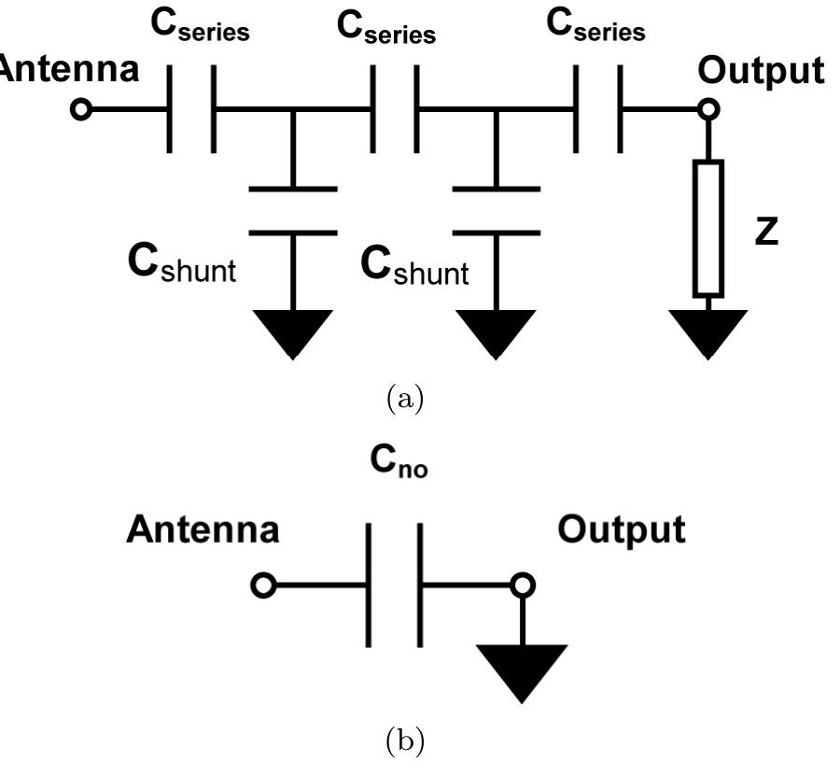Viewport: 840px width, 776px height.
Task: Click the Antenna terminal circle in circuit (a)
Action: pyautogui.click(x=82, y=109)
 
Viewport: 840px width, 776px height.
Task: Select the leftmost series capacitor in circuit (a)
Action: pyautogui.click(x=192, y=109)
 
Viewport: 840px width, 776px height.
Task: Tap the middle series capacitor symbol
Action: pyautogui.click(x=396, y=109)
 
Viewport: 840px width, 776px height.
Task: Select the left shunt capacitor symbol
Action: pyautogui.click(x=293, y=211)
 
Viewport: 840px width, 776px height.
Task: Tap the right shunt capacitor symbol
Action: pyautogui.click(x=496, y=211)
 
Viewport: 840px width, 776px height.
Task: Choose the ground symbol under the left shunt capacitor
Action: pyautogui.click(x=293, y=332)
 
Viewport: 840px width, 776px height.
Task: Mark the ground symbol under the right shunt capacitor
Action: pyautogui.click(x=496, y=332)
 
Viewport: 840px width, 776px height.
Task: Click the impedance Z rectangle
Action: pyautogui.click(x=708, y=228)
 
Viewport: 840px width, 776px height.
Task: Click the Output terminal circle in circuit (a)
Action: pyautogui.click(x=708, y=109)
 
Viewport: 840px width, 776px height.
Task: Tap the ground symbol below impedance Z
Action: pyautogui.click(x=708, y=332)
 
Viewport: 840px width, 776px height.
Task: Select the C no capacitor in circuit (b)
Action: pyautogui.click(x=394, y=586)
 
